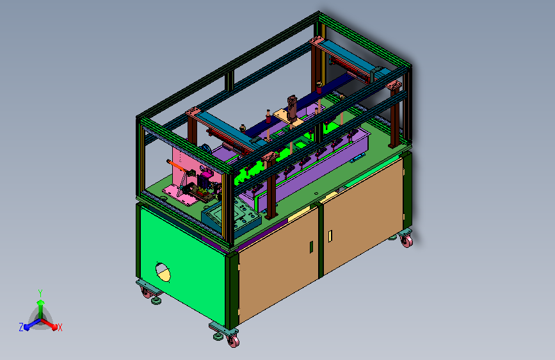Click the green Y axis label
[x=40, y=293]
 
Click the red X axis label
[x=60, y=327]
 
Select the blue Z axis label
[x=21, y=327]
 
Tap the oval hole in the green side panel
[x=163, y=272]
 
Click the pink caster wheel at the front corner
[x=233, y=341]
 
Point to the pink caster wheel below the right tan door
[x=406, y=241]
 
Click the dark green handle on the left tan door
[x=312, y=247]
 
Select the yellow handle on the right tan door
[x=330, y=236]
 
